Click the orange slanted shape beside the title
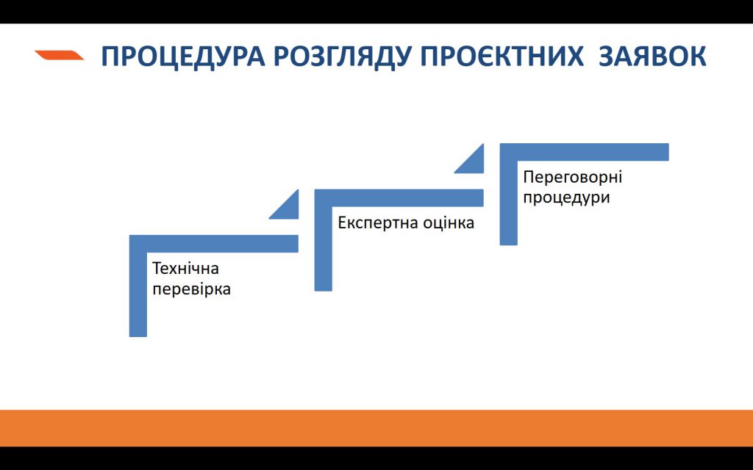(59, 54)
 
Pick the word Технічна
(185, 268)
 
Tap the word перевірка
(191, 289)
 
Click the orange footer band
(376, 428)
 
